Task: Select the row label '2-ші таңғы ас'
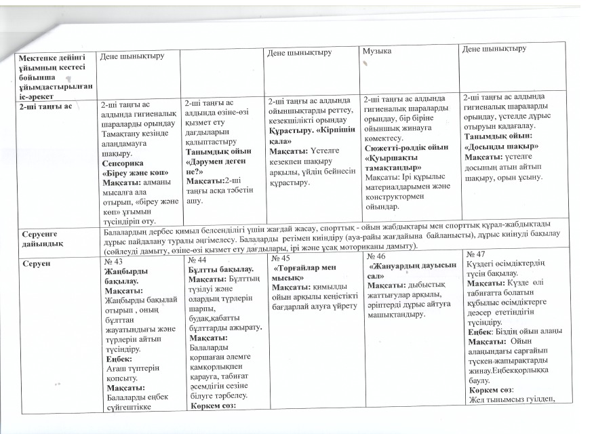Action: pyautogui.click(x=45, y=106)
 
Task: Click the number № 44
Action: pyautogui.click(x=196, y=261)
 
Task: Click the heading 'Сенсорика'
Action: pyautogui.click(x=122, y=163)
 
